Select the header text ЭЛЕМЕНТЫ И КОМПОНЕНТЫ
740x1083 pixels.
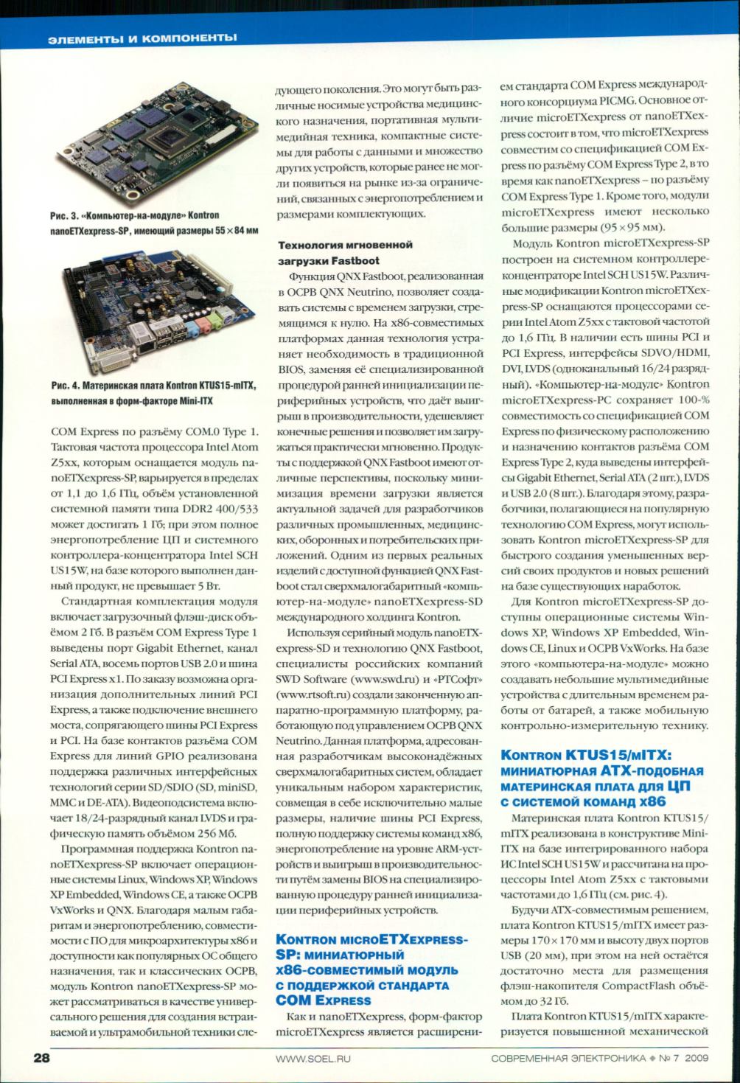[x=142, y=37]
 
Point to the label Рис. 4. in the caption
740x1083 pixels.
[x=66, y=385]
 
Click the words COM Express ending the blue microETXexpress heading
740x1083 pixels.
[x=323, y=1000]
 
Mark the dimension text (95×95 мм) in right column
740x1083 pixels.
[x=621, y=226]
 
